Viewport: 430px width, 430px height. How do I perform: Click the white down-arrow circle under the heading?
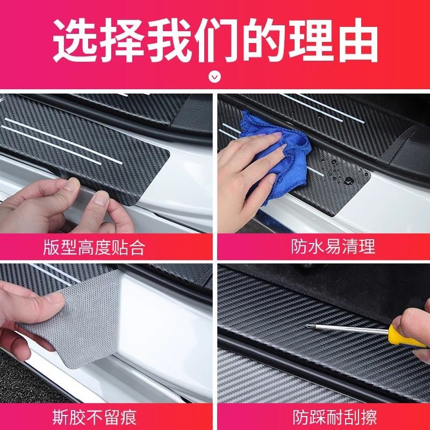pos(214,77)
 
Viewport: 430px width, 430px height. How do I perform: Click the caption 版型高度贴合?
pos(94,247)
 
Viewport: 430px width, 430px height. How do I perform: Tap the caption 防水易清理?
pos(333,247)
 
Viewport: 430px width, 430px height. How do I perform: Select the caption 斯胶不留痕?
pos(95,417)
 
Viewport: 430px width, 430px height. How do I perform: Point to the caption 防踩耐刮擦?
pos(334,417)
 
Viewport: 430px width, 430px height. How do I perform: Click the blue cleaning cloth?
pos(277,154)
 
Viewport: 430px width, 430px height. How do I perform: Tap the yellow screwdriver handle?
pos(403,336)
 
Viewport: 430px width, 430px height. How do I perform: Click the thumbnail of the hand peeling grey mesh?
pos(106,333)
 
